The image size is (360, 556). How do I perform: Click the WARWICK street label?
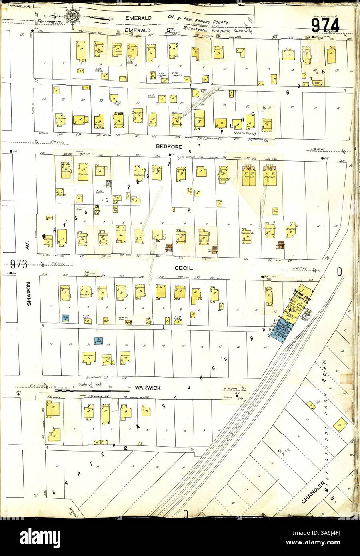[148, 387]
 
